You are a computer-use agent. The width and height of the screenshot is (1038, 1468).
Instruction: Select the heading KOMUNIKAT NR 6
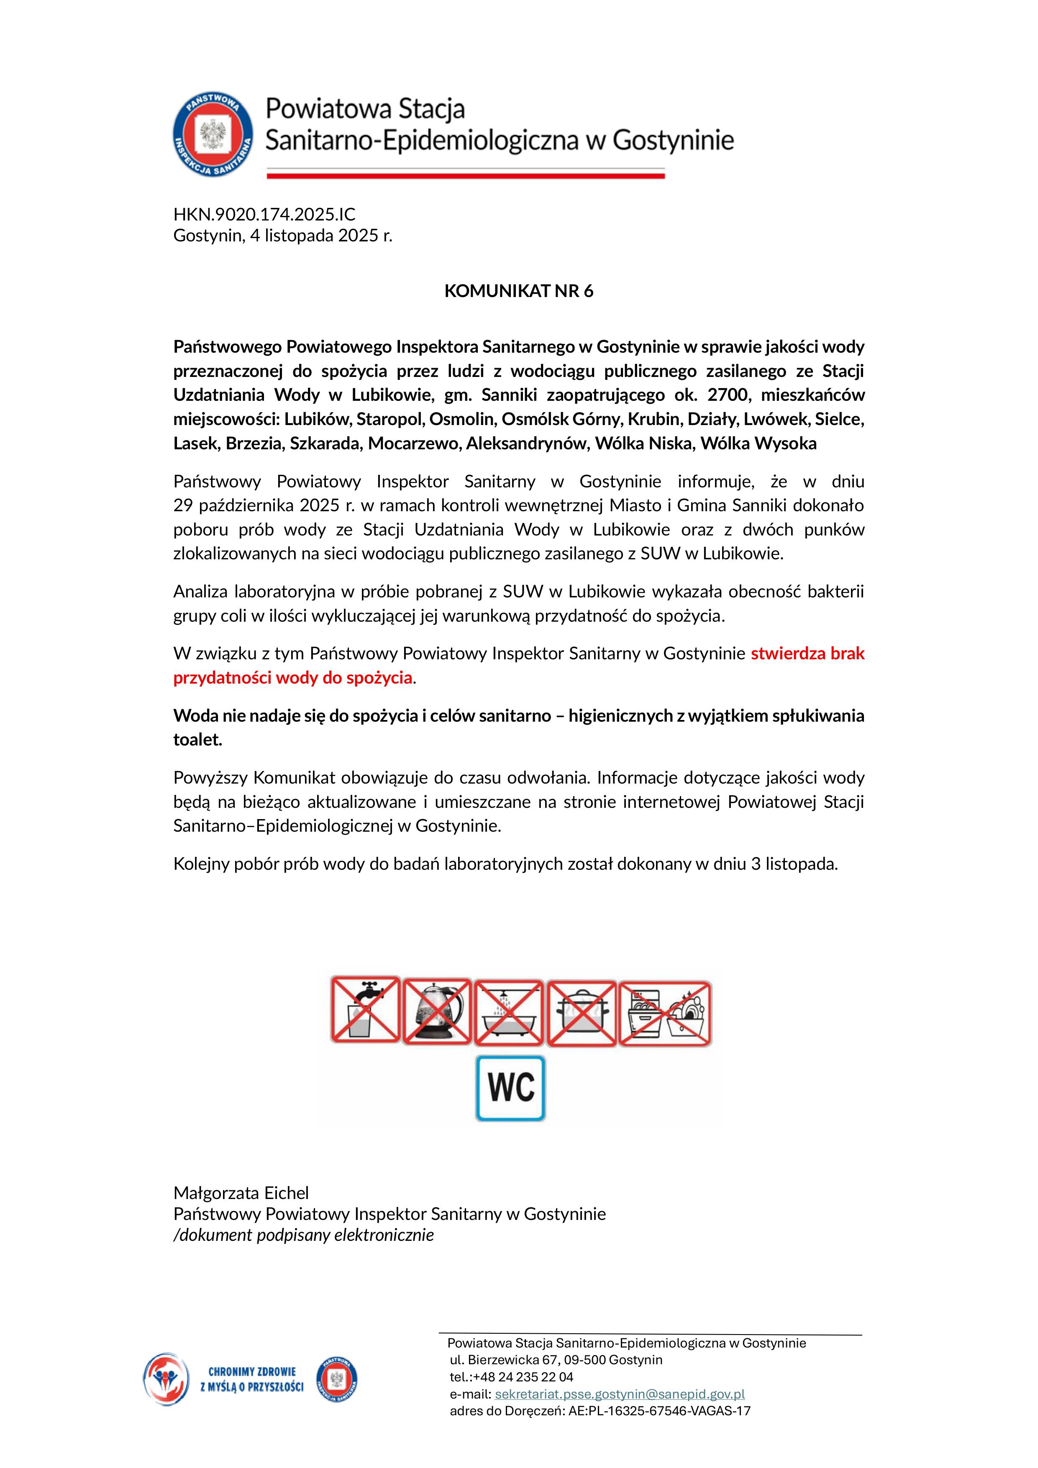click(519, 291)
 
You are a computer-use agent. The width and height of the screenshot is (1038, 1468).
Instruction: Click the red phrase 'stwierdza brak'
click(807, 653)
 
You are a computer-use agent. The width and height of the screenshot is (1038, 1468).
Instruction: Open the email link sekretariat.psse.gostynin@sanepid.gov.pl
click(620, 1394)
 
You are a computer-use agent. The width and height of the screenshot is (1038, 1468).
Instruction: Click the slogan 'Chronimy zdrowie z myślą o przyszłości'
click(251, 1380)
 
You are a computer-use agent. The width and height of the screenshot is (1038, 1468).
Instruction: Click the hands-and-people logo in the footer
click(166, 1379)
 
